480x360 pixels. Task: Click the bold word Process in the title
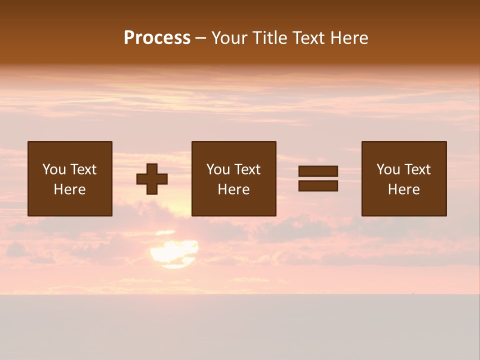pos(157,38)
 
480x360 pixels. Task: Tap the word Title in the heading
pos(270,38)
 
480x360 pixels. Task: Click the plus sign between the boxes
pos(152,179)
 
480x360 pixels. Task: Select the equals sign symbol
pos(318,178)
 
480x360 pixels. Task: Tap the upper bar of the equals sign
pos(318,171)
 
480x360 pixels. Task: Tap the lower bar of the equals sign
pos(318,185)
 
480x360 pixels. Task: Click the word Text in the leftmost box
pos(83,169)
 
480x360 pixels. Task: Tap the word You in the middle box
pos(218,169)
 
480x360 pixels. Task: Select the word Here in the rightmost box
pos(404,189)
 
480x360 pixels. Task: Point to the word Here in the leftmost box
pos(70,189)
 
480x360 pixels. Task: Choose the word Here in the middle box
pos(233,189)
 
